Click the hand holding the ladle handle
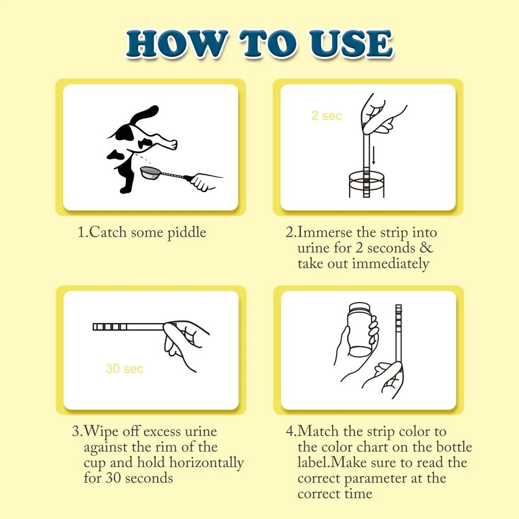click(204, 180)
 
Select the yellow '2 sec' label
click(326, 116)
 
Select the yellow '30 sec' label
click(124, 368)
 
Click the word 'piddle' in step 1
click(186, 232)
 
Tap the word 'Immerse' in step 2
click(325, 232)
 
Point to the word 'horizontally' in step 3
click(206, 463)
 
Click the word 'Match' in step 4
click(317, 431)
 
